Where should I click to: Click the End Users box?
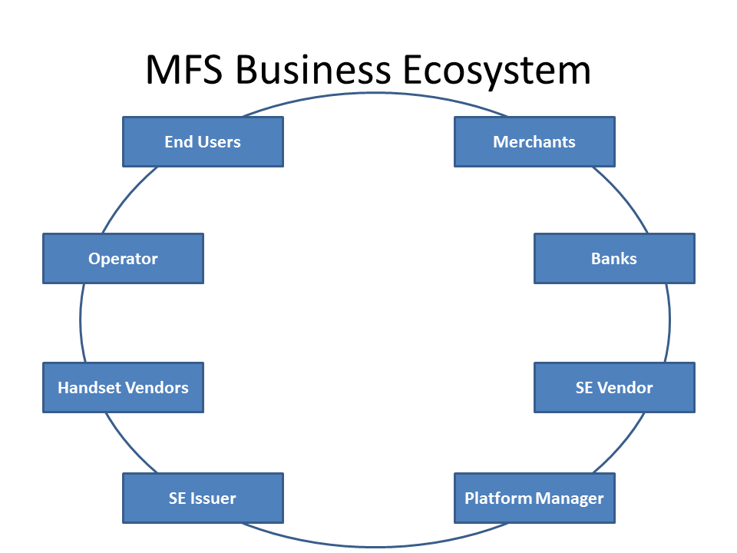pyautogui.click(x=203, y=141)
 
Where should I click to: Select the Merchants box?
pyautogui.click(x=534, y=141)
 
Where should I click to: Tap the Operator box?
pyautogui.click(x=123, y=258)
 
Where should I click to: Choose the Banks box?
pyautogui.click(x=614, y=258)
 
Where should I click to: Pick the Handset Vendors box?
pyautogui.click(x=123, y=387)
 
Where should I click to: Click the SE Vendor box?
pyautogui.click(x=614, y=387)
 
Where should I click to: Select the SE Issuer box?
pyautogui.click(x=203, y=498)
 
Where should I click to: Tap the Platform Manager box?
pyautogui.click(x=534, y=498)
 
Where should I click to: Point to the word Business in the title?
pyautogui.click(x=313, y=71)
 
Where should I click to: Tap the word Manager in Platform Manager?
pyautogui.click(x=570, y=498)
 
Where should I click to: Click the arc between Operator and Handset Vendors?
pyautogui.click(x=81, y=323)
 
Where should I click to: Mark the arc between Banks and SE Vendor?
pyautogui.click(x=669, y=323)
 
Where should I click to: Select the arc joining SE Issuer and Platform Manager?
pyautogui.click(x=375, y=546)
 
